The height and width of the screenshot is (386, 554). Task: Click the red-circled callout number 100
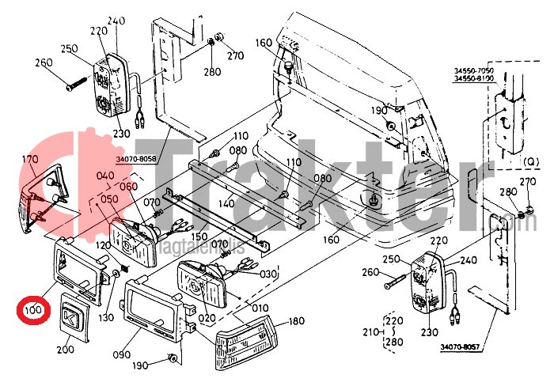[32, 310]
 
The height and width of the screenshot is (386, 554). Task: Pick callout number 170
[30, 160]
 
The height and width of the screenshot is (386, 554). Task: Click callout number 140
[225, 204]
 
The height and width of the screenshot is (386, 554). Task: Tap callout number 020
[207, 319]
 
